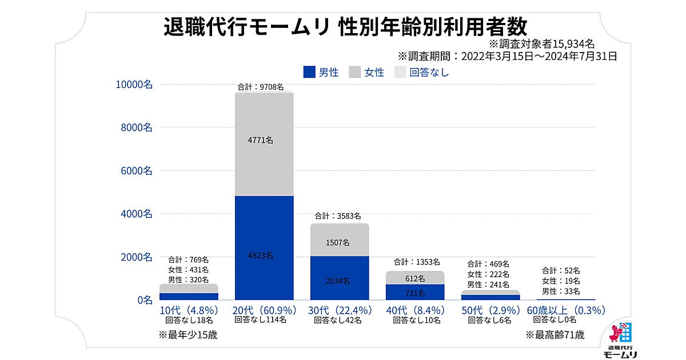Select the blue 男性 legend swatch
[x=309, y=72]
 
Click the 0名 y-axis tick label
[x=143, y=299]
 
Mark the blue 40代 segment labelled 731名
[x=415, y=292]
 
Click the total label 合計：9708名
[x=261, y=87]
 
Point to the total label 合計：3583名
[x=338, y=216]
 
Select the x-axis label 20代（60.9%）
[x=264, y=310]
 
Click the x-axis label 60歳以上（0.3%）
[x=566, y=310]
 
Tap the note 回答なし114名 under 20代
[x=261, y=320]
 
